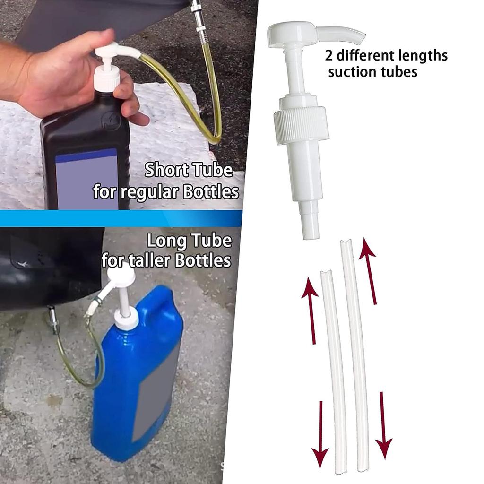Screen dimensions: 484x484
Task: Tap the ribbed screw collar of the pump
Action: pyautogui.click(x=302, y=124)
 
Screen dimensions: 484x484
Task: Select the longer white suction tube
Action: pyautogui.click(x=355, y=354)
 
